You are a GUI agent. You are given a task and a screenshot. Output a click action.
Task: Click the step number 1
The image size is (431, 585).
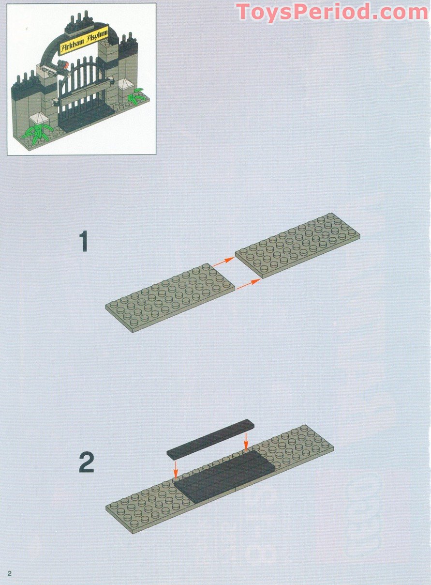click(85, 241)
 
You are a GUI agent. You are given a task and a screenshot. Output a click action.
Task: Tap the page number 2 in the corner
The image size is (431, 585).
click(9, 573)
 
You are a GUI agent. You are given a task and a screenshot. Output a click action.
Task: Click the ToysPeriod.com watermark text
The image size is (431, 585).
click(332, 12)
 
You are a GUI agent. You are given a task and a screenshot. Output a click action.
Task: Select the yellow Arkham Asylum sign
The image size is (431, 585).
click(83, 43)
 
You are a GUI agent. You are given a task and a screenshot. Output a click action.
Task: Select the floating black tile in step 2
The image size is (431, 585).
click(210, 439)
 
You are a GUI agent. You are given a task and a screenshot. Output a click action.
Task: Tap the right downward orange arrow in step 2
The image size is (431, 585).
click(246, 441)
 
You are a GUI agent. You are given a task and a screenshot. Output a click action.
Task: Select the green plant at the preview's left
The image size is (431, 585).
click(38, 131)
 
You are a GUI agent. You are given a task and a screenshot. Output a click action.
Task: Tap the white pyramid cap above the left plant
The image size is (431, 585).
click(37, 119)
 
